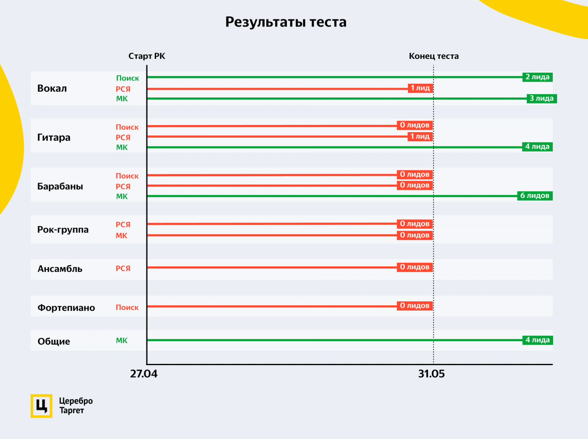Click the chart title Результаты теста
tap(286, 22)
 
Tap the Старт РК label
tap(147, 56)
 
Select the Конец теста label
tap(434, 56)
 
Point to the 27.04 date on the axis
tap(144, 374)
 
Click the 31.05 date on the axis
tap(431, 374)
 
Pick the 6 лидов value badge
tap(535, 196)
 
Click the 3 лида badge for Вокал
tap(541, 99)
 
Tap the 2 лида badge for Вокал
tap(537, 77)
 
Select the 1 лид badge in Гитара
tap(420, 137)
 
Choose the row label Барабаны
tap(60, 186)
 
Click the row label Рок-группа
tap(63, 230)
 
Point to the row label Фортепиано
tap(66, 308)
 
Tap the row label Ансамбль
tap(60, 269)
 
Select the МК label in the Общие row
tap(122, 340)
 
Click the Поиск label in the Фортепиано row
tap(127, 307)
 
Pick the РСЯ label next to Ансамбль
tap(123, 269)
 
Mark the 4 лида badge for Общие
tap(537, 340)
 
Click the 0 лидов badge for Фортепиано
tap(415, 306)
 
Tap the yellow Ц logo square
tap(41, 406)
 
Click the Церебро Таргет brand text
tap(76, 406)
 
